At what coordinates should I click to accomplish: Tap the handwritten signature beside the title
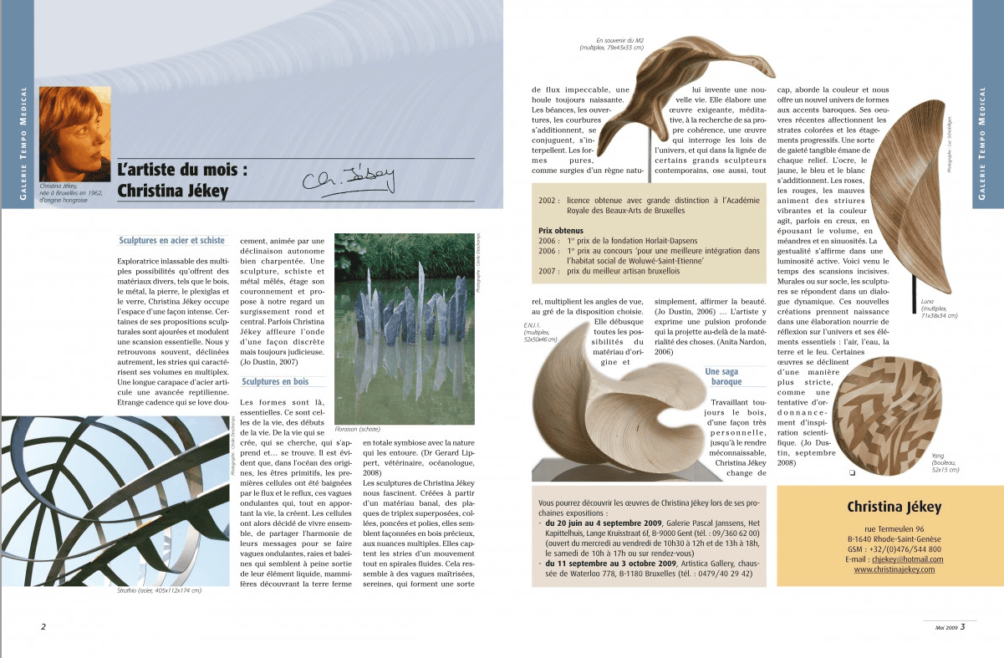(347, 179)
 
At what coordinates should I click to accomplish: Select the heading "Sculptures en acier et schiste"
(172, 241)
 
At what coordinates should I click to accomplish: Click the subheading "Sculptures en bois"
(275, 382)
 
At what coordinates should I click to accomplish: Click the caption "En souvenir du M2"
(619, 41)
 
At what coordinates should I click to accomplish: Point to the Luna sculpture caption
(939, 307)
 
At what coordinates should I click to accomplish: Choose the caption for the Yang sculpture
(945, 463)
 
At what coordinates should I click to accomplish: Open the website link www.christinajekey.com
(894, 569)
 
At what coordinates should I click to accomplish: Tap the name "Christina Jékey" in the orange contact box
(894, 507)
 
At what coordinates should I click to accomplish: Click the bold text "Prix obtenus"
(560, 230)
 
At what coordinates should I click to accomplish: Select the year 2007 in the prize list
(548, 271)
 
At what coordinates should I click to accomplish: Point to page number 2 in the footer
(43, 627)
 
